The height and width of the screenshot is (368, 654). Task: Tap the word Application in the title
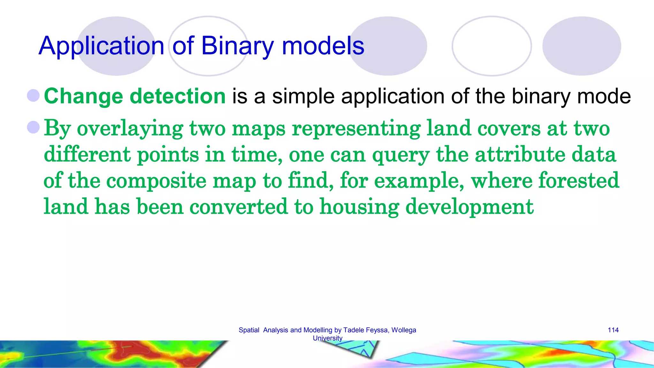[101, 46]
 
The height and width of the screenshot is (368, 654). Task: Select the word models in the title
[323, 46]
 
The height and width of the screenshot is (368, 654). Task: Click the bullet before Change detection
[33, 95]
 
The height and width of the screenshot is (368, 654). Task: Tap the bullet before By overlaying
[33, 127]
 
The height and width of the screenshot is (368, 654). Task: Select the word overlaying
[130, 128]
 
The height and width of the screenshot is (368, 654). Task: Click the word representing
[356, 128]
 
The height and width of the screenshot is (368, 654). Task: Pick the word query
[400, 155]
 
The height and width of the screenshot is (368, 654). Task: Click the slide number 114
[613, 330]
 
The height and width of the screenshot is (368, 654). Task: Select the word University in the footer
[327, 338]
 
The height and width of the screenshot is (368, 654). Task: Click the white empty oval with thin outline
[492, 46]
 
